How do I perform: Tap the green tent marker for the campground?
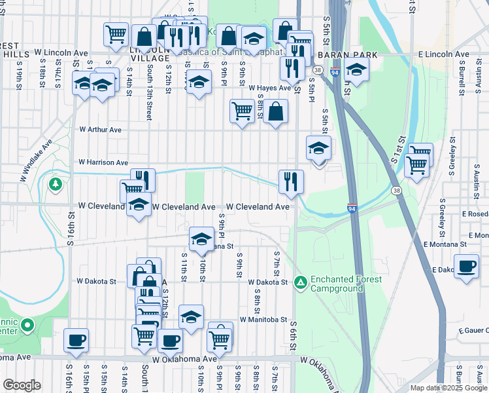coord(300,282)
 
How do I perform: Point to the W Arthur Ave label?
coord(100,130)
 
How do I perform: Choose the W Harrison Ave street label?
coord(103,162)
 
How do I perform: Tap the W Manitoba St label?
coord(263,320)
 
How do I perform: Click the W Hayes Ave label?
coord(269,87)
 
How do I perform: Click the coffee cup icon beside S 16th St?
coord(76,340)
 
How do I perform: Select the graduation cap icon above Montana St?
coord(202,238)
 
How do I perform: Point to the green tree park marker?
coord(56,183)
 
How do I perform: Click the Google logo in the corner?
coord(22,385)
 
